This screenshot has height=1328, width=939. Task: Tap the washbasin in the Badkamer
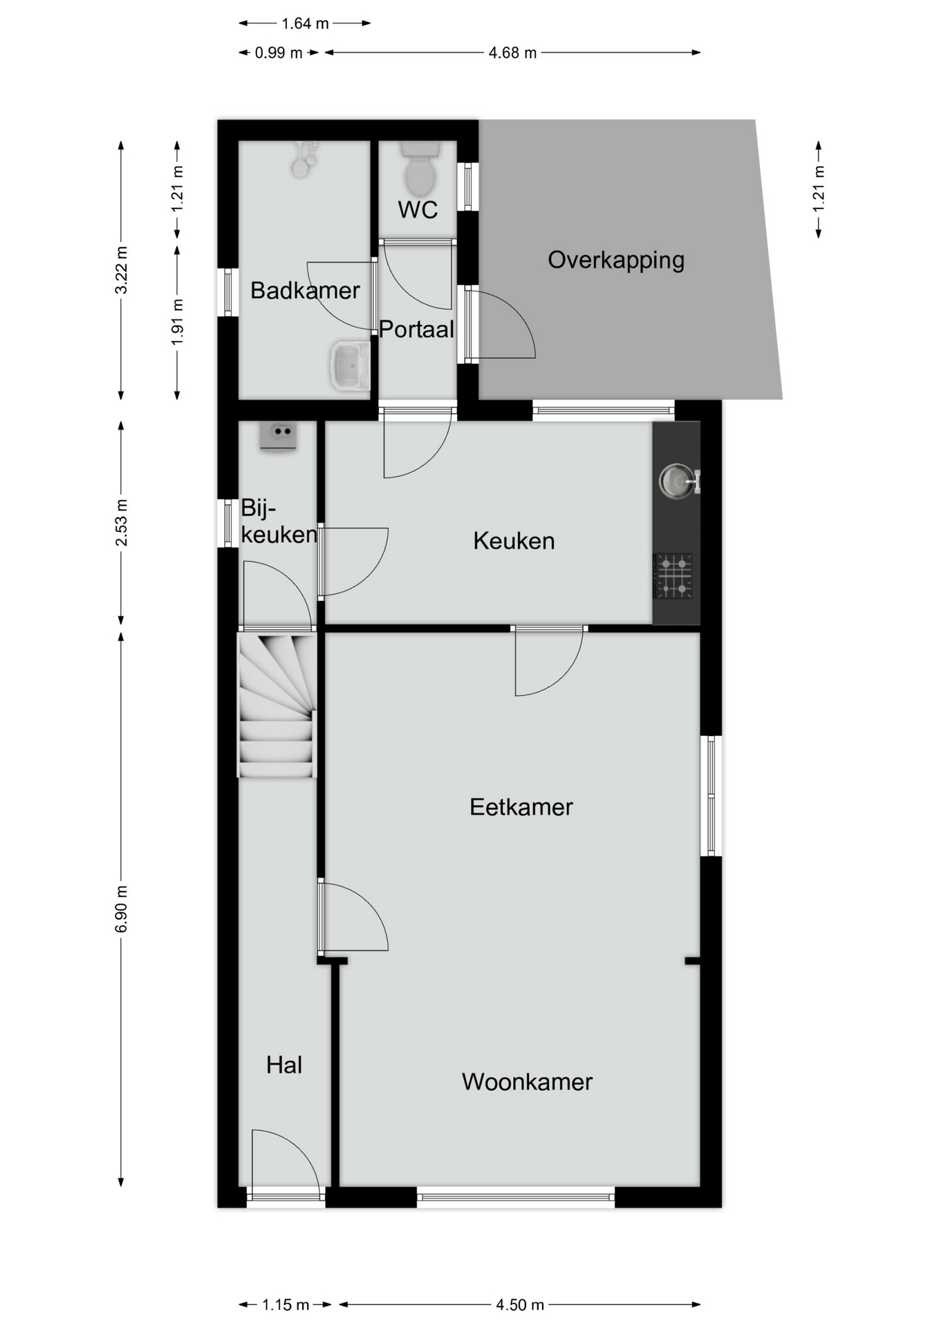pos(350,365)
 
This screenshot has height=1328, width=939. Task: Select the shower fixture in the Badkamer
pos(303,158)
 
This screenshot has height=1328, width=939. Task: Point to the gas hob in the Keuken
pos(673,575)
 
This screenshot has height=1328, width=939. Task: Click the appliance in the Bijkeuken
pos(278,438)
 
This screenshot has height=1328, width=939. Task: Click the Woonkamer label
pos(527,1082)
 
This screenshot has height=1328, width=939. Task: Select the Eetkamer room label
pos(521,807)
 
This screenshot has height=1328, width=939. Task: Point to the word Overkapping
pos(616,261)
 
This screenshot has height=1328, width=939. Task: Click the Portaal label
pos(416,329)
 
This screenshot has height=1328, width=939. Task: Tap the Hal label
pos(284,1065)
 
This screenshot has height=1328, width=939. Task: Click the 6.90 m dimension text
pos(121,909)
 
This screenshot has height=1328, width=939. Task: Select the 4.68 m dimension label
pos(512,53)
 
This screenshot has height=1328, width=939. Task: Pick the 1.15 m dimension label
pos(286,1305)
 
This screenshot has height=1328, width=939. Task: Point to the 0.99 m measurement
pos(279,53)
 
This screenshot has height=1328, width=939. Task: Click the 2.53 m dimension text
pos(121,522)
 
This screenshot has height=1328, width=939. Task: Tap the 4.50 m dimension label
pos(520,1305)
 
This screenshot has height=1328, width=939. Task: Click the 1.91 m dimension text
pos(177,322)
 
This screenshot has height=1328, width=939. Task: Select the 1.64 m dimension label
pos(305,24)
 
